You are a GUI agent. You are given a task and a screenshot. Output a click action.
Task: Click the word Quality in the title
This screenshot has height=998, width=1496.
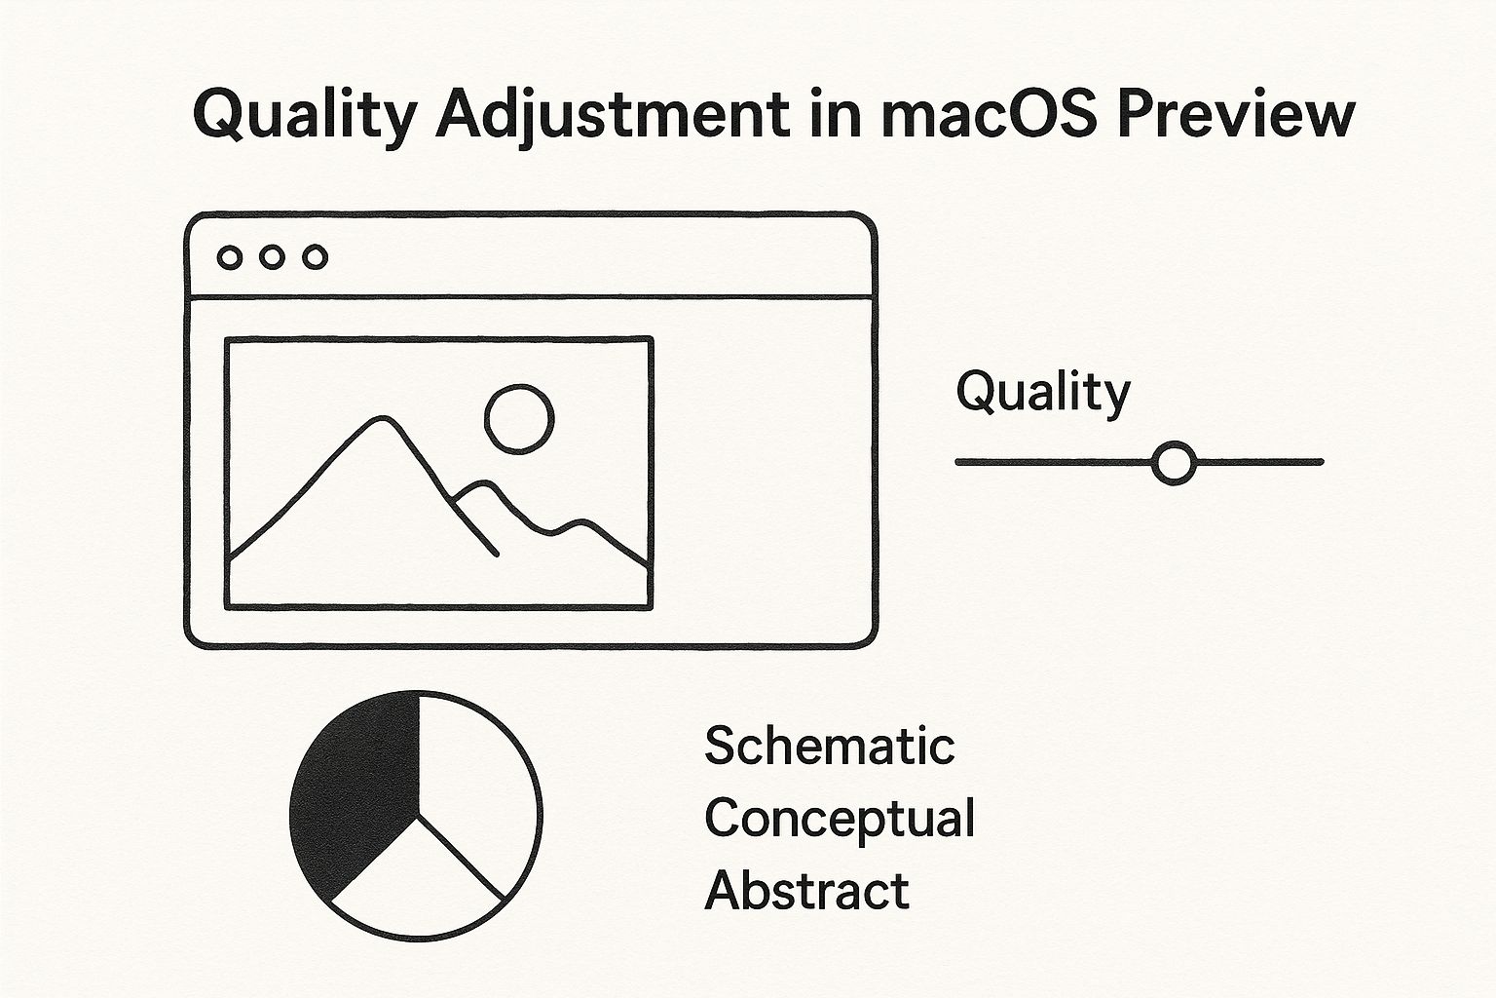tap(305, 116)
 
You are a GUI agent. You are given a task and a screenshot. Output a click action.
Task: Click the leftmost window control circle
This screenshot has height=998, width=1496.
tap(230, 257)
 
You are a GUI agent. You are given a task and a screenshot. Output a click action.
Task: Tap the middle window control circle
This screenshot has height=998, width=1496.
tap(272, 257)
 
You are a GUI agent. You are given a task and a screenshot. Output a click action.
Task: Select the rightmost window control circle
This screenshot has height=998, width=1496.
tap(316, 257)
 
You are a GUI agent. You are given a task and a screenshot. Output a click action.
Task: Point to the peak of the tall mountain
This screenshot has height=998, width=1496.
tap(383, 419)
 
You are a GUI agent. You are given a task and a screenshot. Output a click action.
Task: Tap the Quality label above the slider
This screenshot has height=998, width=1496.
tap(1043, 393)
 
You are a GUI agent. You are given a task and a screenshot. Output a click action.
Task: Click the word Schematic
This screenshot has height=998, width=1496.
tap(830, 746)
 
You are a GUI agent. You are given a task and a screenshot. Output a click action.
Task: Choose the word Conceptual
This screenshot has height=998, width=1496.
tap(840, 819)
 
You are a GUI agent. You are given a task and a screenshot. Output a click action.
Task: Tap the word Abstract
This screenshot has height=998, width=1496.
tap(806, 891)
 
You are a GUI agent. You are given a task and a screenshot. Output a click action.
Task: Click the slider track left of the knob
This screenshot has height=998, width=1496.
tap(1055, 462)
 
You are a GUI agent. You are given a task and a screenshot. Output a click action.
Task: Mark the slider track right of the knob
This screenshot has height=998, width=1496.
tap(1259, 462)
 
